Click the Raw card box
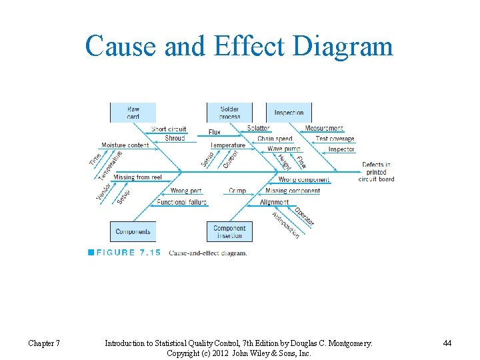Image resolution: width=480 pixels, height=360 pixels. click(x=133, y=113)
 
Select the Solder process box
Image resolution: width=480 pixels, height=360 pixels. click(x=229, y=113)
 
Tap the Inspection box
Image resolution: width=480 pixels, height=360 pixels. click(x=289, y=113)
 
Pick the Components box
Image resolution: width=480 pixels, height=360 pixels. click(x=133, y=232)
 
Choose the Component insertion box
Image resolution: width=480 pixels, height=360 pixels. click(x=229, y=232)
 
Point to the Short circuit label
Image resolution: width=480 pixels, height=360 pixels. click(x=169, y=129)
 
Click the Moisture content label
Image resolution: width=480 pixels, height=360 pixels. click(x=125, y=145)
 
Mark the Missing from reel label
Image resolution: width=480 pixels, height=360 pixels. click(x=137, y=177)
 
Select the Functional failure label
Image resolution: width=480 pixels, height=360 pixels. click(x=181, y=202)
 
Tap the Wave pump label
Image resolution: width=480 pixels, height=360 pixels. click(x=284, y=149)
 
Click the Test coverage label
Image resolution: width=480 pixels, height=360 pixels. click(x=335, y=139)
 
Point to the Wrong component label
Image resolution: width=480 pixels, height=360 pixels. click(x=303, y=180)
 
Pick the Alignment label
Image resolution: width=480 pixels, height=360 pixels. click(x=274, y=202)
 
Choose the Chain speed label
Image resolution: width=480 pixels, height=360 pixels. click(x=275, y=139)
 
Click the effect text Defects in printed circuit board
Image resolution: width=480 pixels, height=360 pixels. click(x=376, y=171)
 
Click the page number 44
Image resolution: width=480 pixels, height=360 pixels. click(x=447, y=343)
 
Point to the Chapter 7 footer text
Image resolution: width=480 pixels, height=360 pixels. click(x=44, y=343)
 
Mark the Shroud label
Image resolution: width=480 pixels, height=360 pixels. click(x=175, y=139)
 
